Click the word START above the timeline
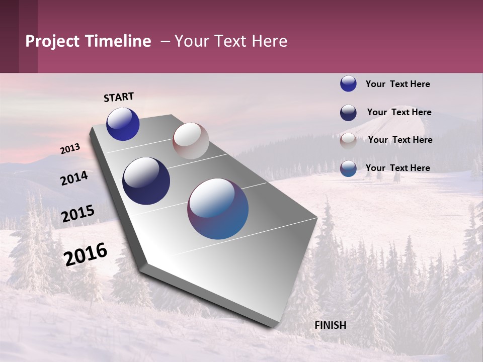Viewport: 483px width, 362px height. [x=119, y=97]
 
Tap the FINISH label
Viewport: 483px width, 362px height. [x=330, y=325]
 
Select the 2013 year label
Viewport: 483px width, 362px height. [x=70, y=149]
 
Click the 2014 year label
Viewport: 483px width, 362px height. [x=74, y=178]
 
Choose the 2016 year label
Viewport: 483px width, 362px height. [x=86, y=254]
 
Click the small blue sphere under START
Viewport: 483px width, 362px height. [x=123, y=124]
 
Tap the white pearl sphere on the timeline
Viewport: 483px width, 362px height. [x=191, y=141]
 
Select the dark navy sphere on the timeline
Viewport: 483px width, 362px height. [x=146, y=181]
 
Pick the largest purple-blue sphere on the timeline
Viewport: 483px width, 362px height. [x=218, y=209]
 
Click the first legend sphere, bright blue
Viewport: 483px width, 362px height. [x=348, y=83]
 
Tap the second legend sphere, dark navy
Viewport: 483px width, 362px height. [x=348, y=113]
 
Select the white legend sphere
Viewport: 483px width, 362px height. [x=348, y=141]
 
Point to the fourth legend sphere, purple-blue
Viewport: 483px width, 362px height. [x=348, y=168]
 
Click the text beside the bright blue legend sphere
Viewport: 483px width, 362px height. [x=397, y=84]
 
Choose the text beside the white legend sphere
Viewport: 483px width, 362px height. [x=400, y=140]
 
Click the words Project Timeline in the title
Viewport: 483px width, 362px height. [x=88, y=41]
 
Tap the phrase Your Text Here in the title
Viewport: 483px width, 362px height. [x=231, y=41]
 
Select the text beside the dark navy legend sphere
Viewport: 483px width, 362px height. [x=399, y=112]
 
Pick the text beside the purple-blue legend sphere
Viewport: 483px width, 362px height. [x=397, y=168]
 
